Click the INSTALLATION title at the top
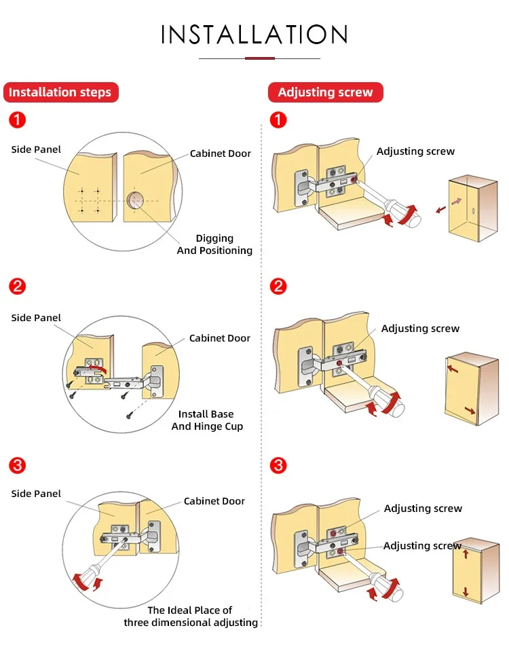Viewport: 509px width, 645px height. [254, 35]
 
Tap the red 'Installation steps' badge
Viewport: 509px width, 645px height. [60, 92]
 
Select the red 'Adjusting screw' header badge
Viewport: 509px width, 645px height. [325, 92]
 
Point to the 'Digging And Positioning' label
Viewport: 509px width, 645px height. [214, 244]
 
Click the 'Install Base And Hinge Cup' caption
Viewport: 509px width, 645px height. [207, 420]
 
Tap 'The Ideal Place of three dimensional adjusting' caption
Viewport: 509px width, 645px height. [191, 616]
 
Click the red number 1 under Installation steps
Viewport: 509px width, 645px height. [18, 121]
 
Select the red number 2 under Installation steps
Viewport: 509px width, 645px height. [18, 286]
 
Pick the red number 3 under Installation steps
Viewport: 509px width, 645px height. [18, 466]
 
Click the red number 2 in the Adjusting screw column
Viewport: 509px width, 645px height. [278, 286]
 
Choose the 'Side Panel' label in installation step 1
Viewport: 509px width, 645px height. [36, 149]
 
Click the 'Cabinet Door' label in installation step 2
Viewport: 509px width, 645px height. [220, 338]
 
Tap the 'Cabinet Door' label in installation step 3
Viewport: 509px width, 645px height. [214, 501]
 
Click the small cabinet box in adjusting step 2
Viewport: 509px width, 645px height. [470, 388]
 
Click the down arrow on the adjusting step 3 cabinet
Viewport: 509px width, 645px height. [466, 591]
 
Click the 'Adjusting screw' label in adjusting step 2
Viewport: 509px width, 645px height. [420, 329]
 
